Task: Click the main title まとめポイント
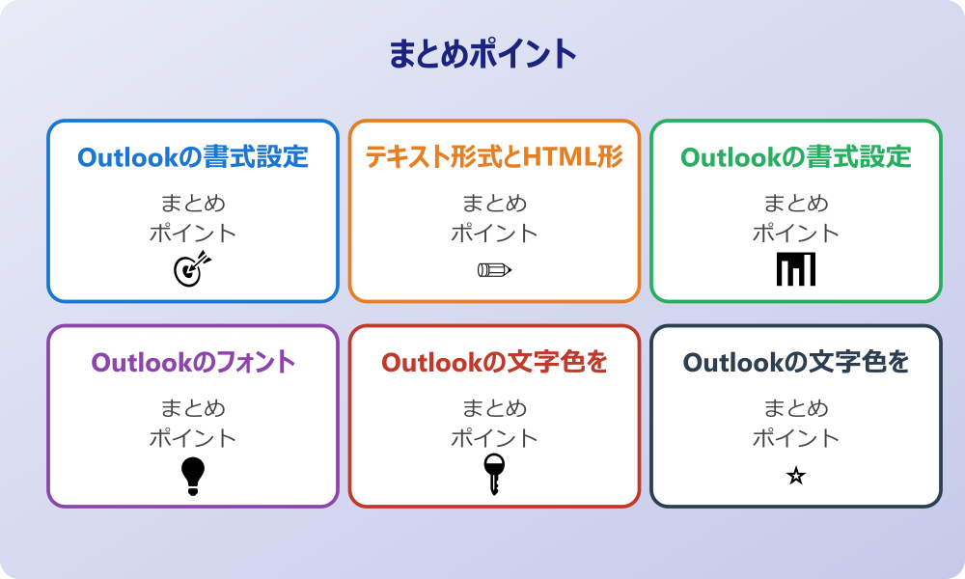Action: coord(482,55)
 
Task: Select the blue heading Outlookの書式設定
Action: coord(193,156)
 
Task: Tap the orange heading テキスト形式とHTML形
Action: coord(494,156)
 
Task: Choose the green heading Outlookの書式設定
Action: coord(796,156)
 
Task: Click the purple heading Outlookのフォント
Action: coord(193,362)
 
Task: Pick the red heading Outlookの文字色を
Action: coord(494,362)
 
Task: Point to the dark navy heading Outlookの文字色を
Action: coord(796,362)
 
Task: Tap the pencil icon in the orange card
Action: coord(494,269)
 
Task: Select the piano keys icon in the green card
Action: coord(796,269)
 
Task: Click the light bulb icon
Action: coord(193,476)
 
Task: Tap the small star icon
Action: coord(796,476)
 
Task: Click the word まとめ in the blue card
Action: coord(193,204)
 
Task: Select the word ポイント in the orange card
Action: coord(494,234)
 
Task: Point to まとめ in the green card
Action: coord(796,204)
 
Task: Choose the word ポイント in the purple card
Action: coord(193,438)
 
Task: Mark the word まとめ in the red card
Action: coord(494,408)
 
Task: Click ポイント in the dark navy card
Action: coord(796,438)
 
